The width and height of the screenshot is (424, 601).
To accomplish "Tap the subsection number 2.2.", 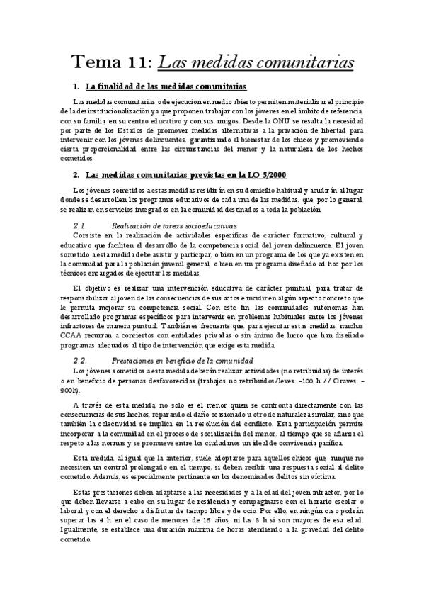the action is pyautogui.click(x=82, y=359).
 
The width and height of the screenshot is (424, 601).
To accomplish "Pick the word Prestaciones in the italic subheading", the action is pyautogui.click(x=139, y=359).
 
